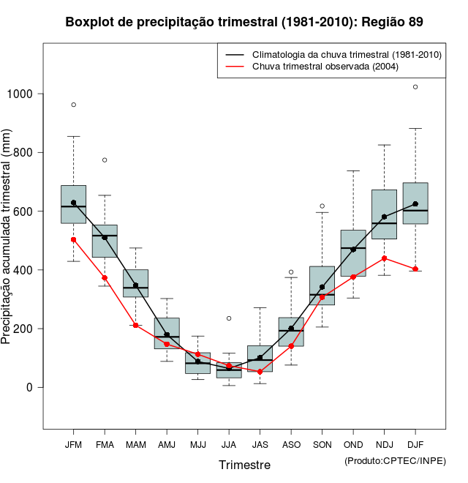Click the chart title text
244,22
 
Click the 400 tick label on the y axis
24,270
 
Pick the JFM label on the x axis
73,444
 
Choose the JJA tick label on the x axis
229,444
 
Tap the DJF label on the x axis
415,444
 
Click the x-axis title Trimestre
244,465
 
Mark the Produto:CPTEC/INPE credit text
395,460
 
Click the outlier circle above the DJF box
415,87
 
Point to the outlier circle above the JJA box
229,318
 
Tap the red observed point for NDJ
384,258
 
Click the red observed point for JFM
73,239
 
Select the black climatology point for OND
353,250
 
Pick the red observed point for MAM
135,325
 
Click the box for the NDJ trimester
384,214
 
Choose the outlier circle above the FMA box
105,160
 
